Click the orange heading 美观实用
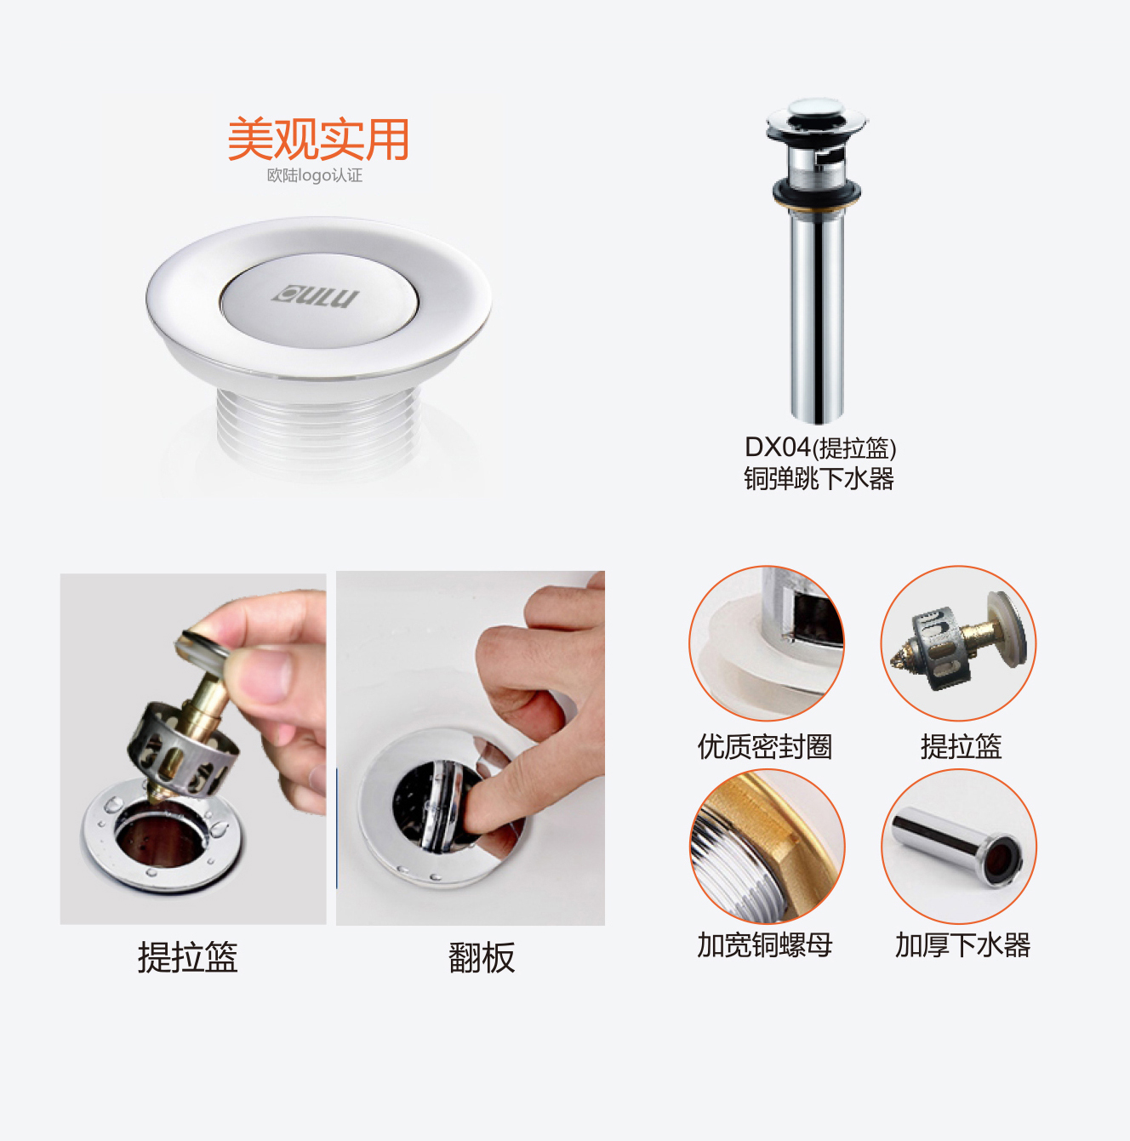pyautogui.click(x=318, y=140)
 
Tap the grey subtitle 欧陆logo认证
pyautogui.click(x=315, y=175)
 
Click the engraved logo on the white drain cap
pyautogui.click(x=315, y=295)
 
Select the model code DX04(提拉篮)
pyautogui.click(x=820, y=448)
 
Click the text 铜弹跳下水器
pyautogui.click(x=819, y=478)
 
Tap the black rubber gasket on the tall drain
pyautogui.click(x=817, y=191)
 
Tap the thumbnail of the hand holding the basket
pyautogui.click(x=193, y=749)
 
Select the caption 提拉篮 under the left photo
pyautogui.click(x=188, y=957)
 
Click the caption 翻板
pyautogui.click(x=482, y=957)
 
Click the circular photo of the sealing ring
pyautogui.click(x=767, y=643)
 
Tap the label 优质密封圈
pyautogui.click(x=765, y=746)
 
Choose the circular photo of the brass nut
pyautogui.click(x=767, y=846)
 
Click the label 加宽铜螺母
pyautogui.click(x=765, y=944)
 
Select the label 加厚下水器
pyautogui.click(x=962, y=944)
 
